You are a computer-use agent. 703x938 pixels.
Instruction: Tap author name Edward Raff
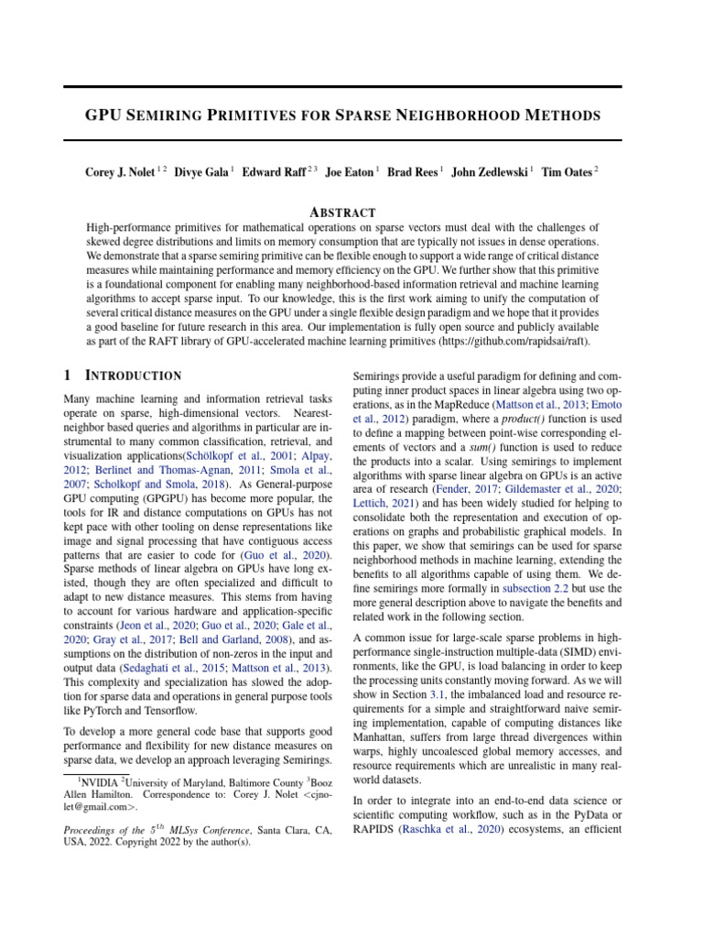coord(274,171)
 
